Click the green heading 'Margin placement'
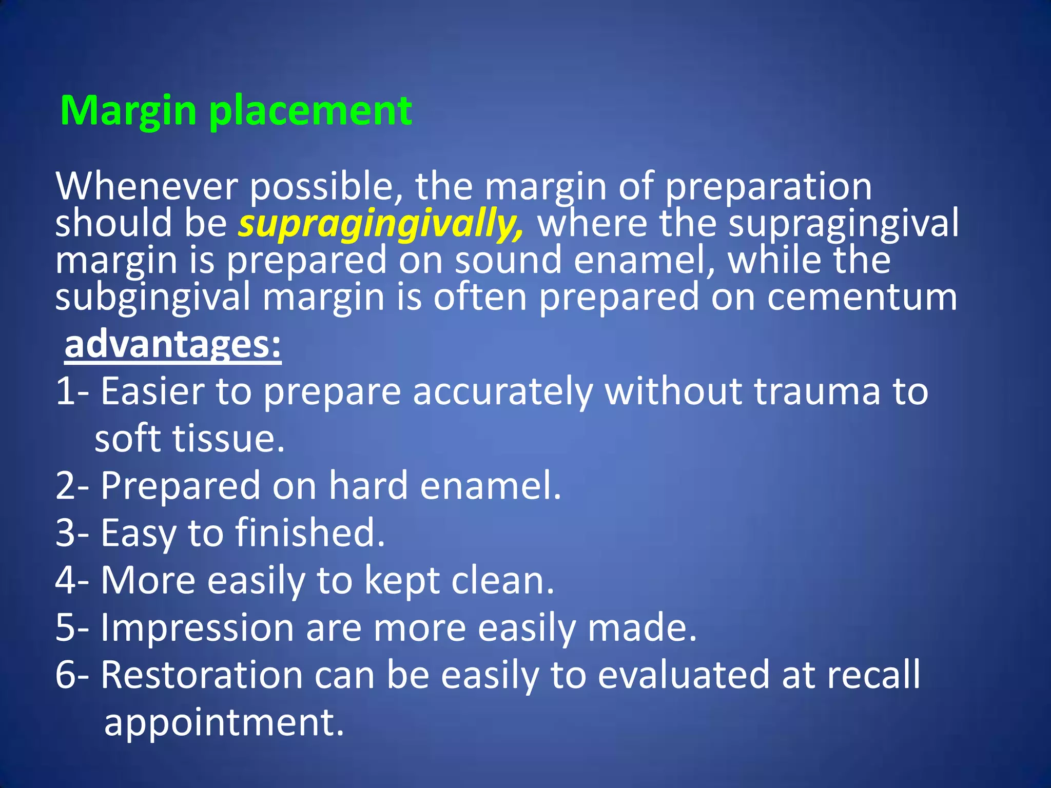[236, 111]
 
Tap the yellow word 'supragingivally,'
[381, 224]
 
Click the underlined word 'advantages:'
[173, 345]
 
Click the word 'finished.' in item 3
[310, 533]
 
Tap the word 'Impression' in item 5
[197, 628]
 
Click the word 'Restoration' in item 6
[201, 675]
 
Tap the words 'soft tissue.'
[190, 439]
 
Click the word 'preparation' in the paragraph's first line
[768, 187]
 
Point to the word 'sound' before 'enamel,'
[508, 261]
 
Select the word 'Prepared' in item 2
[180, 486]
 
